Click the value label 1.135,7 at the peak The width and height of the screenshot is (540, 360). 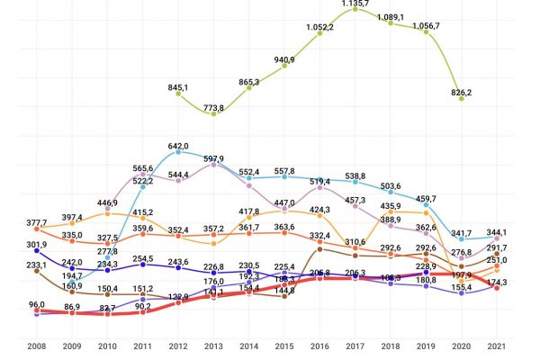point(355,4)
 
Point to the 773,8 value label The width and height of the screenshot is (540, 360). point(214,108)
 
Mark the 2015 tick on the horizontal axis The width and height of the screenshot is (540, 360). point(284,346)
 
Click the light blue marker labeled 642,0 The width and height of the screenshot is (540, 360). point(178,152)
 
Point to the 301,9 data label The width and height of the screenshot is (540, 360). point(36,244)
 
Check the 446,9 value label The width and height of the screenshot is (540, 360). point(107,202)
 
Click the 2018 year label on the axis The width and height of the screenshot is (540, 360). point(391,346)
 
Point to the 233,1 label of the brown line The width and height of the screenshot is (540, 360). point(36,265)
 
